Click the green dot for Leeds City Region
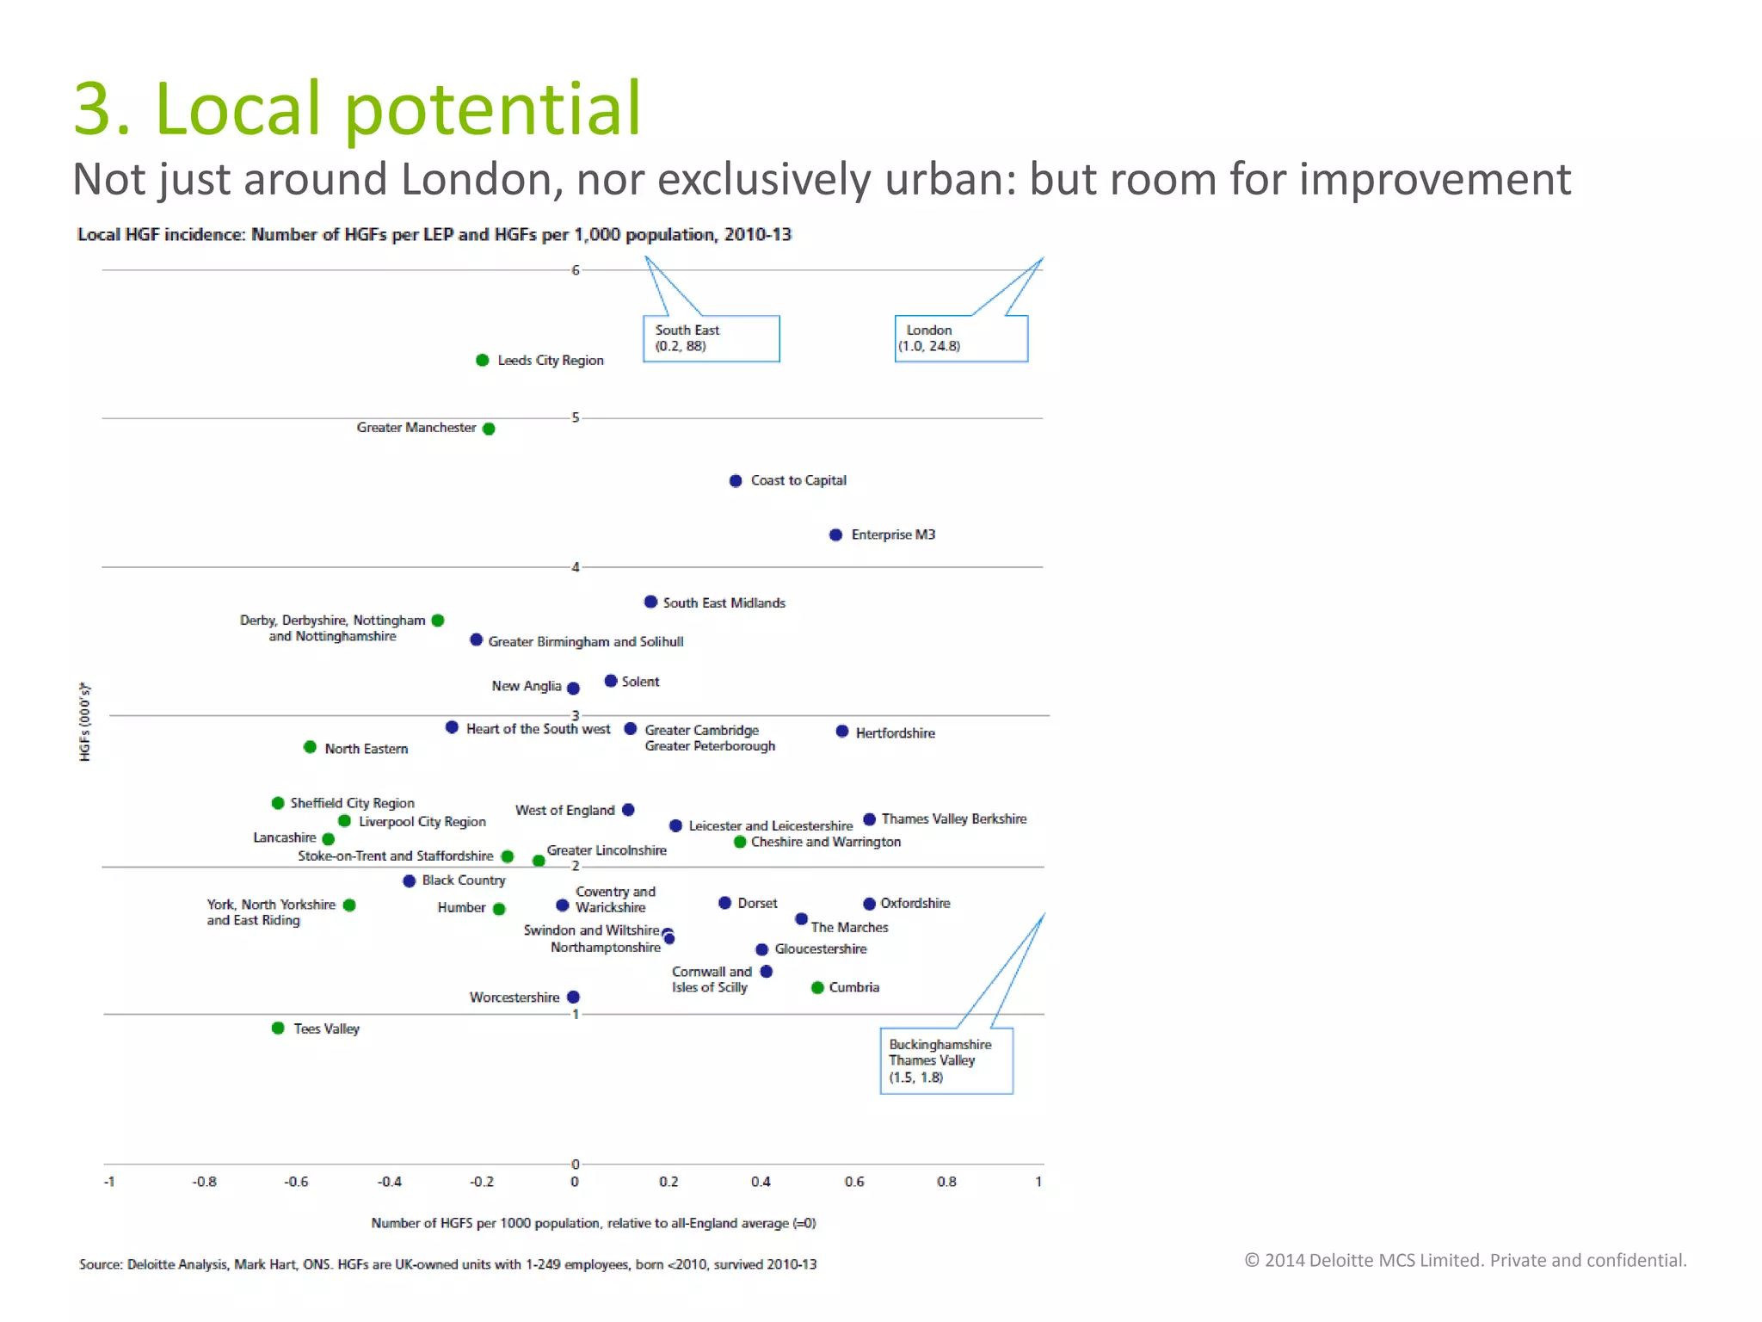483,360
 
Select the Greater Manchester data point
489,429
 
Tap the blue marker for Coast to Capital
736,480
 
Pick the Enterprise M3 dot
835,534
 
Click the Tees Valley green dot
278,1028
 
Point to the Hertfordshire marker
842,732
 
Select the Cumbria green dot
817,987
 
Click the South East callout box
711,338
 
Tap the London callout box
960,338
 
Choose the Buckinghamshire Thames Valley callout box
946,1060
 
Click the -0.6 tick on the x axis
296,1182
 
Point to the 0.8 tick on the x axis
946,1182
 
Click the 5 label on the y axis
576,417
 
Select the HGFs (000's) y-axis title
85,722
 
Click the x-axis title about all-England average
593,1223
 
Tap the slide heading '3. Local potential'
357,108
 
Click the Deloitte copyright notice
1464,1260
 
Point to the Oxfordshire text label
915,903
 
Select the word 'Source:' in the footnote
100,1264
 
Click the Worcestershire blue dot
573,997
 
